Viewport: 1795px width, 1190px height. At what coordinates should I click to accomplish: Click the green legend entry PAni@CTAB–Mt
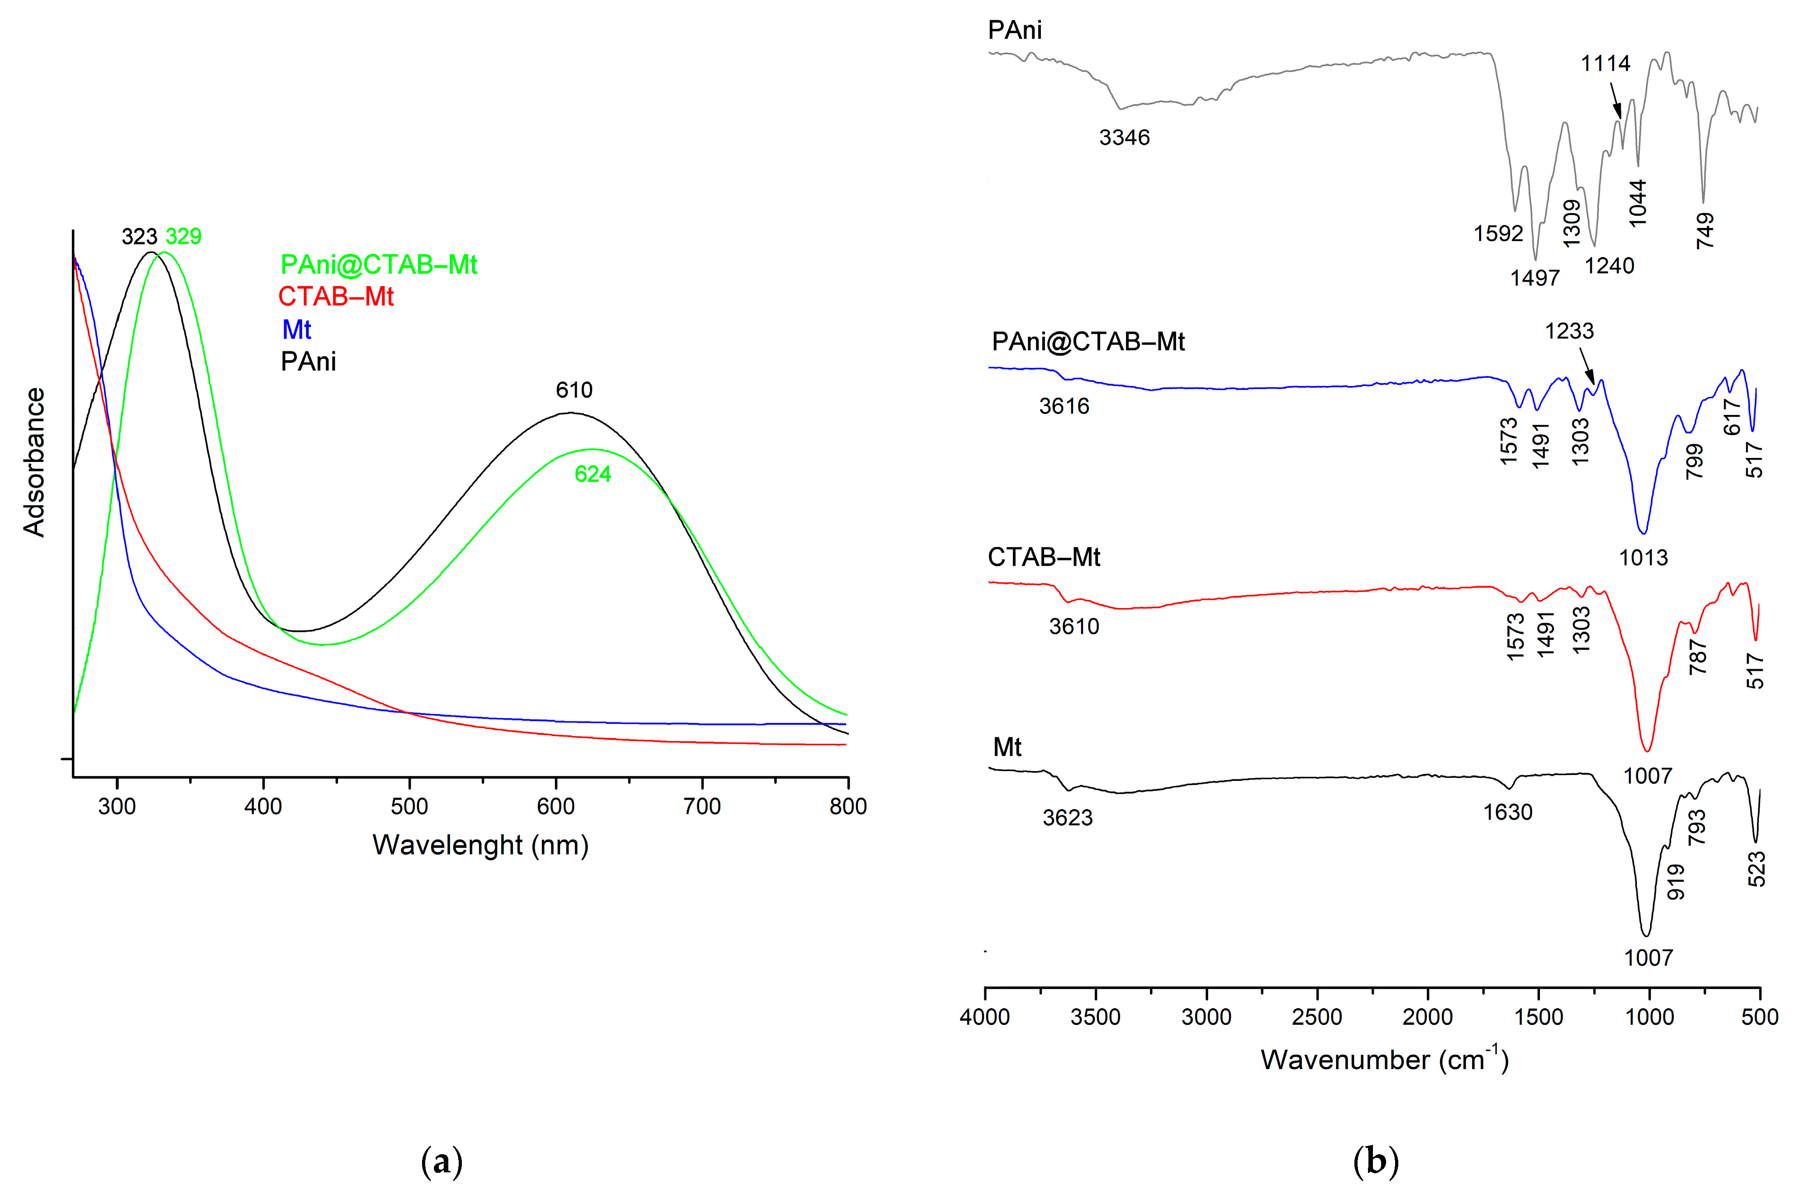[379, 264]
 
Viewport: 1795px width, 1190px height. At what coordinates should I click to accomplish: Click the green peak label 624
[593, 474]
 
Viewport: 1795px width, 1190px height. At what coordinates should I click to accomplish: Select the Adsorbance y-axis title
[34, 462]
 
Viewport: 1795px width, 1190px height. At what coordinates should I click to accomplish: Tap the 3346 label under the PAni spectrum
[1124, 138]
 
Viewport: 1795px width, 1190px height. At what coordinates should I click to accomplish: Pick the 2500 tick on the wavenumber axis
[1316, 1017]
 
